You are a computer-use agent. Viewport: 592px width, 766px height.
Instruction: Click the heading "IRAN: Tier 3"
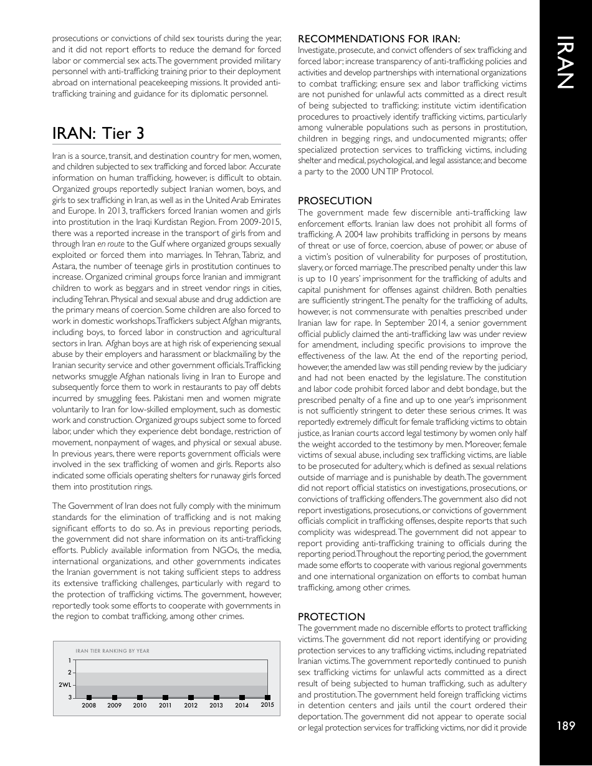pyautogui.click(x=98, y=133)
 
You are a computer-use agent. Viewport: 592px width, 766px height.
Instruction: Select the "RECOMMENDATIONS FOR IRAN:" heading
pyautogui.click(x=379, y=39)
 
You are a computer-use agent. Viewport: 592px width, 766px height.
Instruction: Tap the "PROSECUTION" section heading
pyautogui.click(x=335, y=201)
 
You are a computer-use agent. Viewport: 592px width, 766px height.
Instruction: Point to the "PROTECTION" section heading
pyautogui.click(x=332, y=617)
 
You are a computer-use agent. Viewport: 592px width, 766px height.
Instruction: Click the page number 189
pyautogui.click(x=566, y=725)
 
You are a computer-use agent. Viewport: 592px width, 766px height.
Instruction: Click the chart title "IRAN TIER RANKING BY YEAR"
pyautogui.click(x=112, y=651)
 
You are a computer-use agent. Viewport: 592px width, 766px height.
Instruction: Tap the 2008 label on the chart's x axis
pyautogui.click(x=89, y=706)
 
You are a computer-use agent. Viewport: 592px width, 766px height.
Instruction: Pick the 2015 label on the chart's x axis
pyautogui.click(x=267, y=705)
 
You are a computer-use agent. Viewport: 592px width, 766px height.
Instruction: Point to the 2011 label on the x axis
pyautogui.click(x=165, y=706)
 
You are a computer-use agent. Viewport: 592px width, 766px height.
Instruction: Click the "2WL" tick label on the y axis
pyautogui.click(x=64, y=685)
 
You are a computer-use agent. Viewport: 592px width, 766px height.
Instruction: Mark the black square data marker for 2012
pyautogui.click(x=191, y=697)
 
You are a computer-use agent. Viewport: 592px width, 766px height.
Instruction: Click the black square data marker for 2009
pyautogui.click(x=115, y=697)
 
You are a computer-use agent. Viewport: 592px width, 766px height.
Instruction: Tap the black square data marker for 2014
pyautogui.click(x=242, y=697)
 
